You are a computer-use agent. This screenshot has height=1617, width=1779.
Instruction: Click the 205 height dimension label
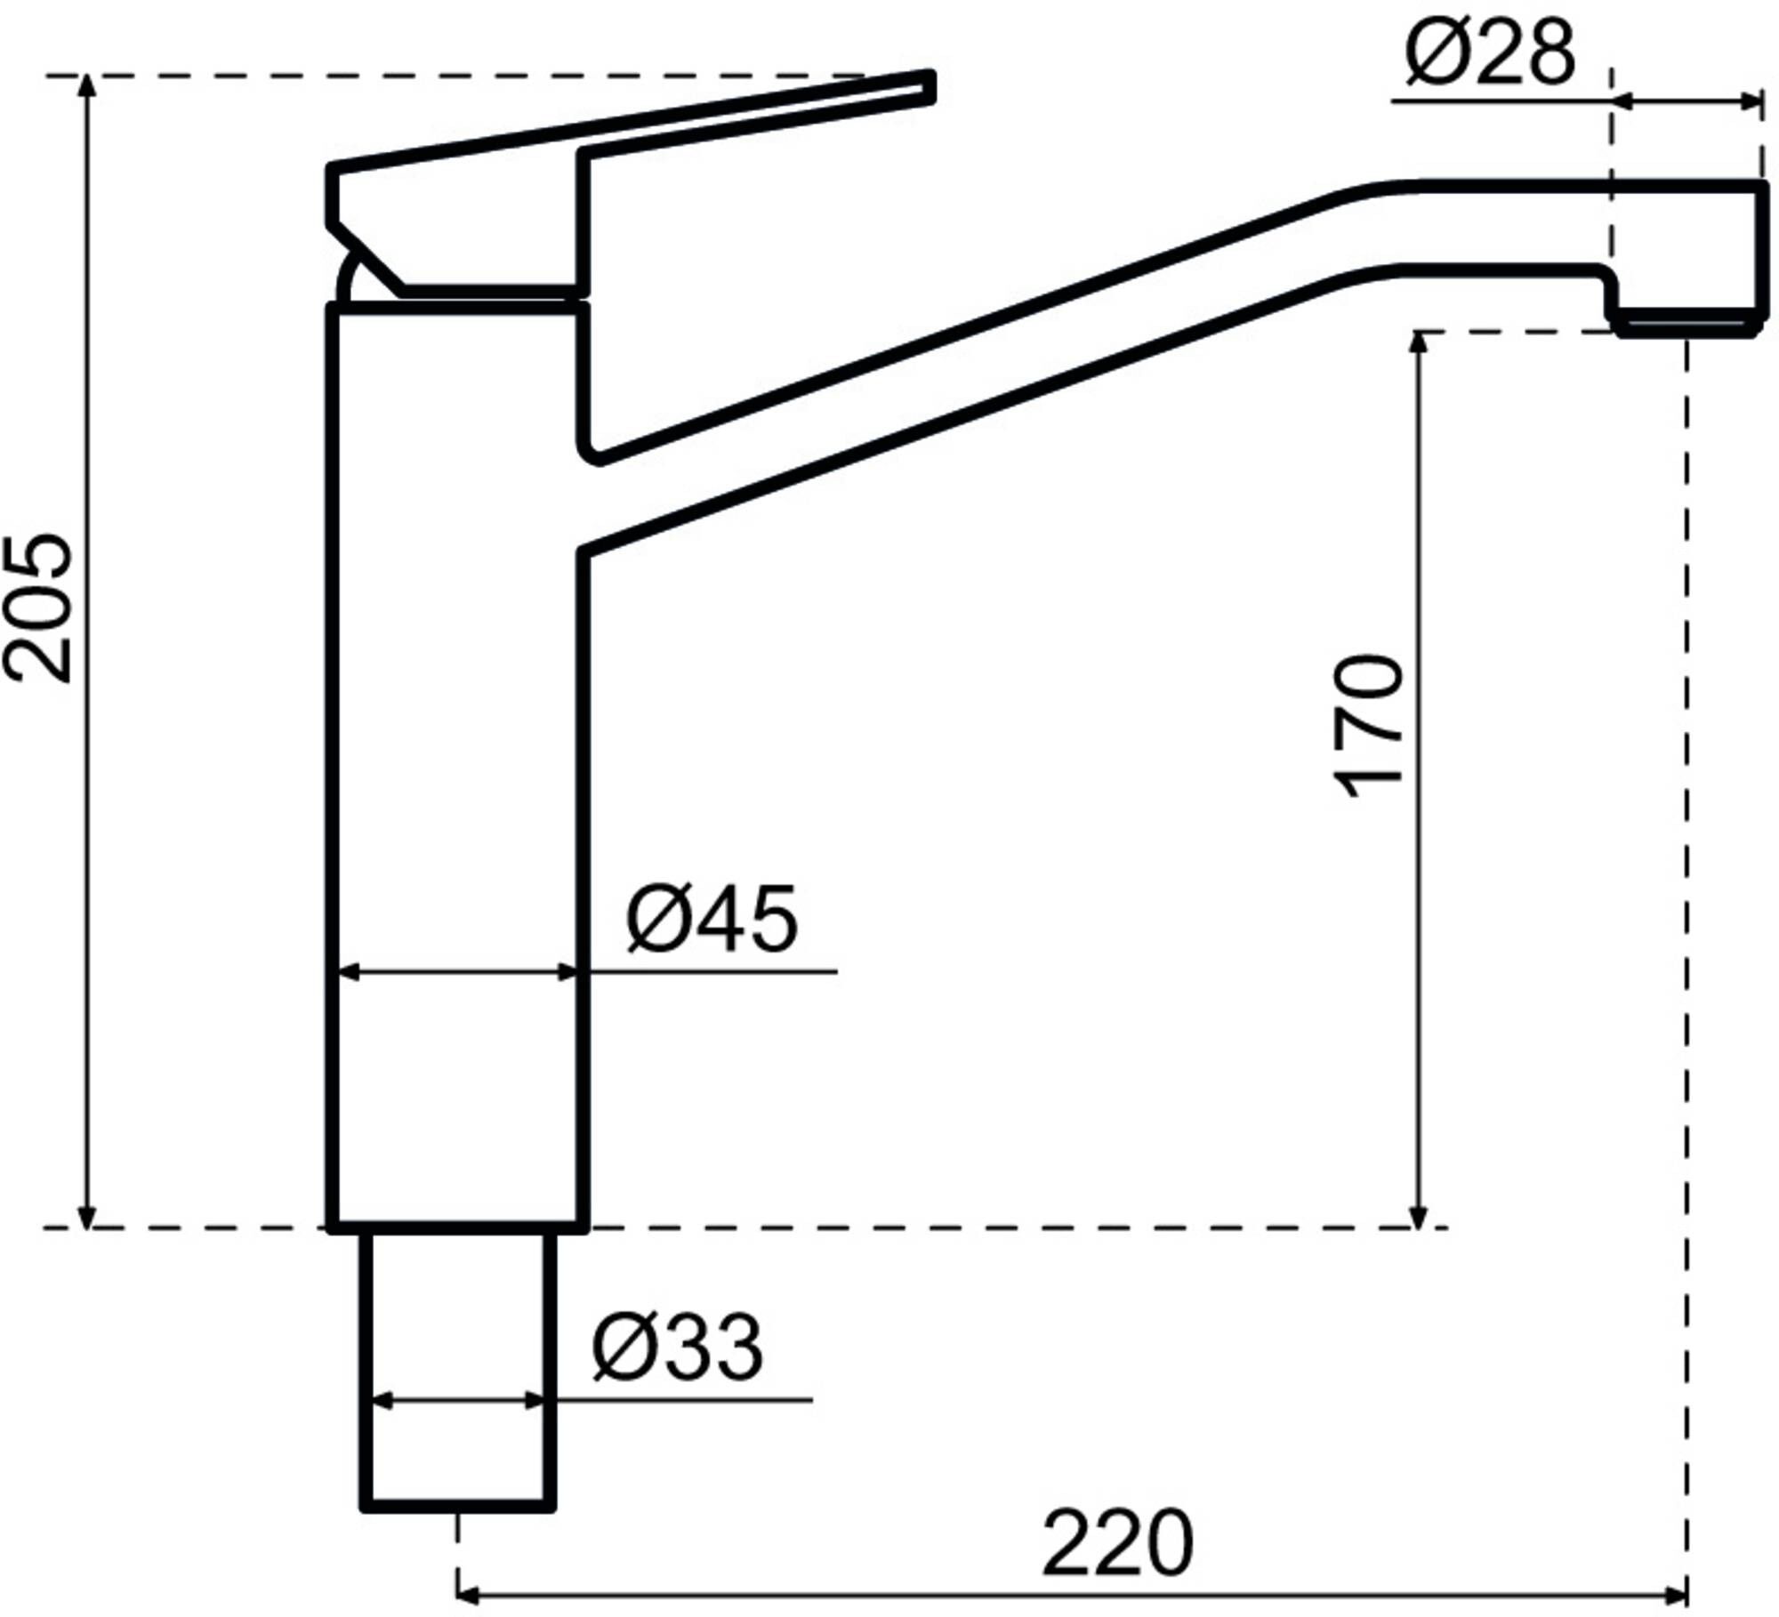37,608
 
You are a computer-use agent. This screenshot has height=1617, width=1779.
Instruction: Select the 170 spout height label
1371,726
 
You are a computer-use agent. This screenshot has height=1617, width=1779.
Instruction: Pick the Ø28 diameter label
1490,53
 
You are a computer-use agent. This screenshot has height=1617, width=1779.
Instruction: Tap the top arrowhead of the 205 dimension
86,84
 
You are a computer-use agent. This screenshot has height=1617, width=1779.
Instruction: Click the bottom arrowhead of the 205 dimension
86,1219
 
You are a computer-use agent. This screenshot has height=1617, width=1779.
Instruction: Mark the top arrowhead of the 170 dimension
1420,342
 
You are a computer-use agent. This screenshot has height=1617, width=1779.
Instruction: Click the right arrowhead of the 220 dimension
1678,1591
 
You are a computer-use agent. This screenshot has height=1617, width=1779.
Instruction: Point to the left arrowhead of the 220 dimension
468,1591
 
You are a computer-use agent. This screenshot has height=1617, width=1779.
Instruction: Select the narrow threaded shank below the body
458,1370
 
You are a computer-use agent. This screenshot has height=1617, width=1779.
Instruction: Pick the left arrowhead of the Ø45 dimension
349,972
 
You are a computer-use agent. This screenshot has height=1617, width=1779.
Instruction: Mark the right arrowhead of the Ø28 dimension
1752,102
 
